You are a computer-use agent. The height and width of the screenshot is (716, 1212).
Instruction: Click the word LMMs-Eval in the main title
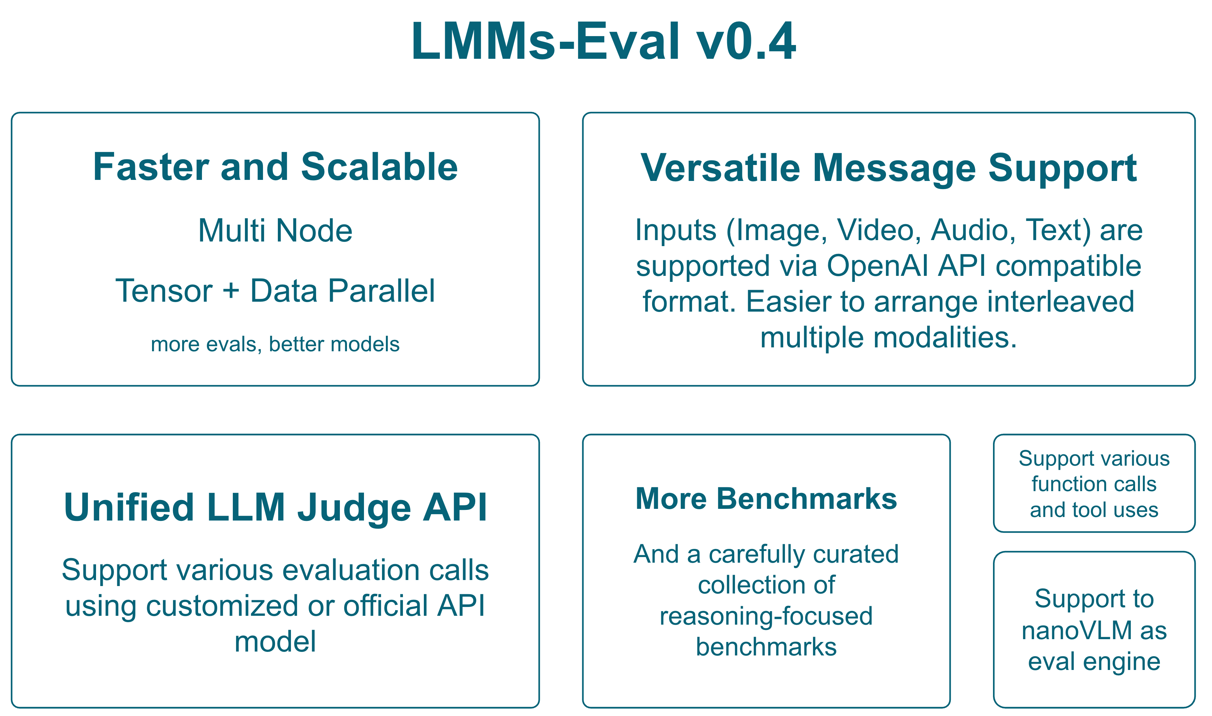(548, 42)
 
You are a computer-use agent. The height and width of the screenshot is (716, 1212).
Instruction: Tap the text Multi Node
(275, 231)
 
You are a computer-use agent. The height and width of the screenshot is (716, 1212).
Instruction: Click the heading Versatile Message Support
(888, 169)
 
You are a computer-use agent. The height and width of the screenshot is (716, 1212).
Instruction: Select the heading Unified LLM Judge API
(275, 508)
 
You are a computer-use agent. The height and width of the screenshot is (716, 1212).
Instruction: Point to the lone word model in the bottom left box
(275, 642)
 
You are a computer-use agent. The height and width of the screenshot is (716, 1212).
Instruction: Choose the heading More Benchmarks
(766, 499)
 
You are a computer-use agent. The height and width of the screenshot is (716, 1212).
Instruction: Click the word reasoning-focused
(766, 616)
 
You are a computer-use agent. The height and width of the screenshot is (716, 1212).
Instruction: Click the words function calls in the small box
(1094, 484)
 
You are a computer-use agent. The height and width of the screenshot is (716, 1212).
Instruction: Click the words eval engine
(1094, 661)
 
